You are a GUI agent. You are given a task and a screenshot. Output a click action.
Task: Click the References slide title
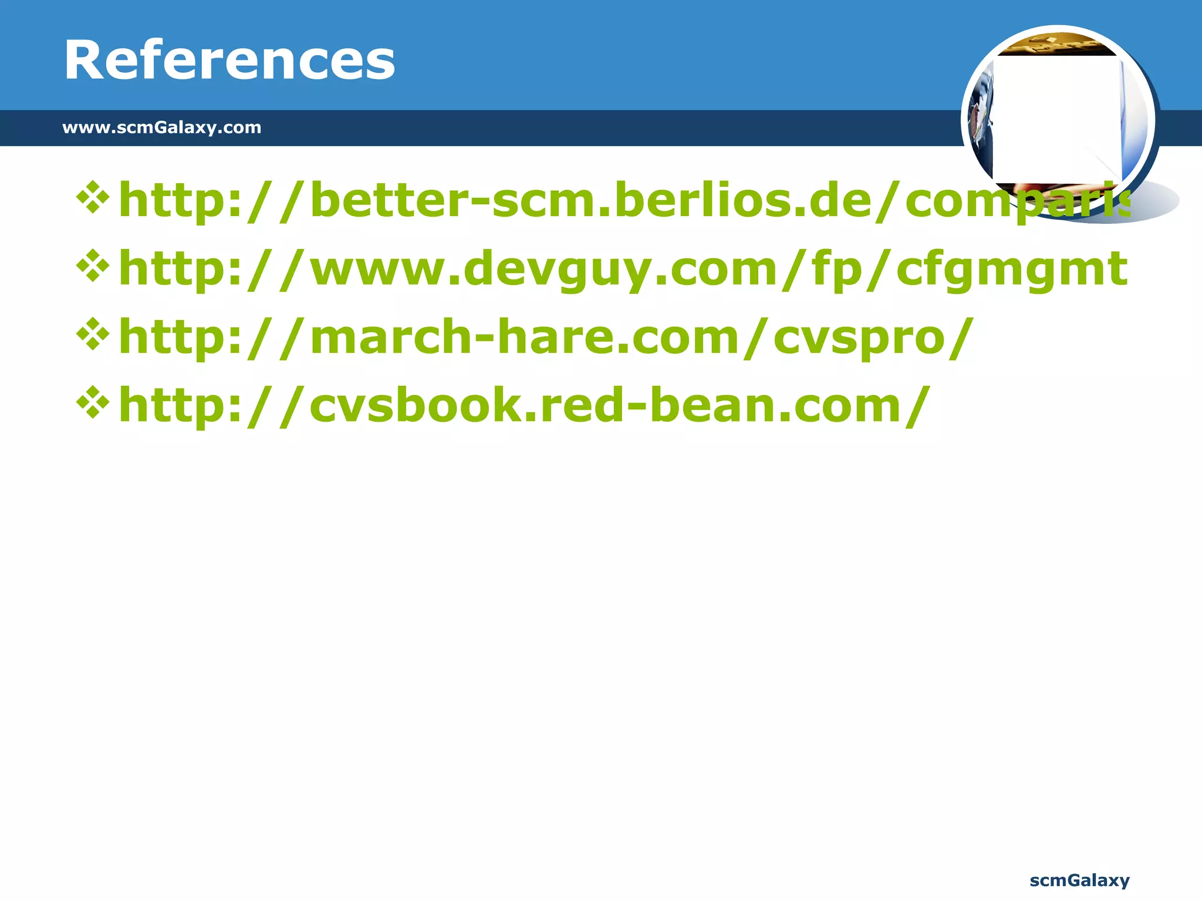229,60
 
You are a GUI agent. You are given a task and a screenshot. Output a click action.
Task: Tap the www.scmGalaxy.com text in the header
161,127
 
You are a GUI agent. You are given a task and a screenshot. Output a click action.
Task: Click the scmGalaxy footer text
1079,880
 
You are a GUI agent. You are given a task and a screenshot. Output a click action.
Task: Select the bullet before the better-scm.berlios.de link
93,198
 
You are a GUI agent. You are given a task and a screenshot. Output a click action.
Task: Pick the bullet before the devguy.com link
93,266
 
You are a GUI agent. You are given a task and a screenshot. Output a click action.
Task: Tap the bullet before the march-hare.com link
93,335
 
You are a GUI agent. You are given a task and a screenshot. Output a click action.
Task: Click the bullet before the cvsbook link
93,403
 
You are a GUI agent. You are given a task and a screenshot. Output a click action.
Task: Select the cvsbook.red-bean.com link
524,406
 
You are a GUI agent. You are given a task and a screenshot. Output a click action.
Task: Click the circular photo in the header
1058,121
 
